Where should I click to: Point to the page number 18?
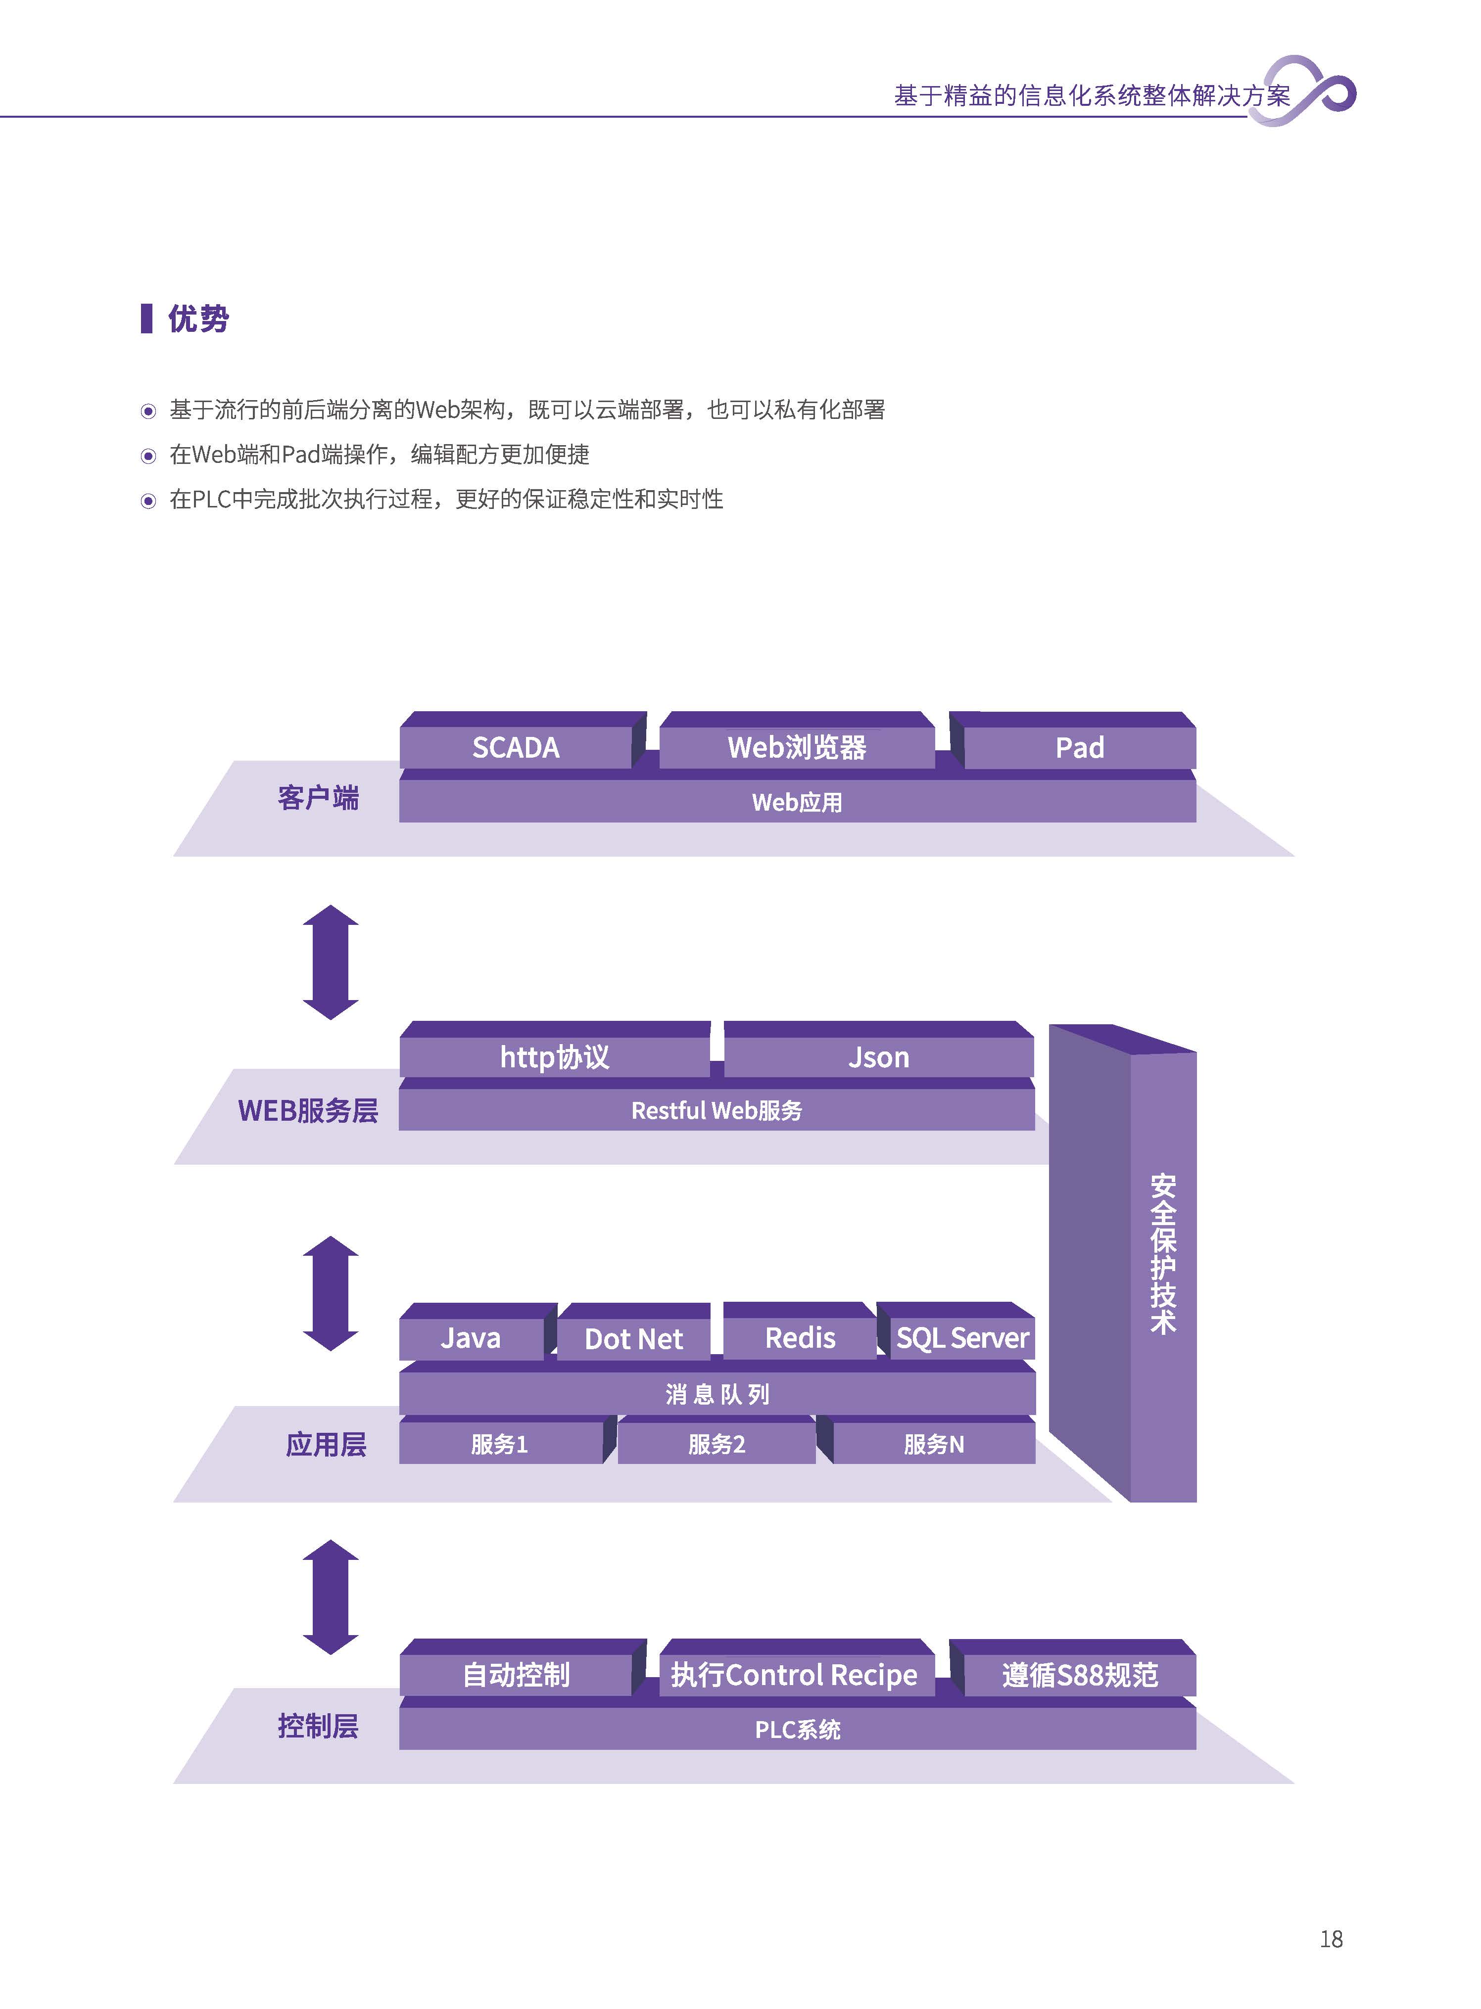pyautogui.click(x=1331, y=1939)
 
